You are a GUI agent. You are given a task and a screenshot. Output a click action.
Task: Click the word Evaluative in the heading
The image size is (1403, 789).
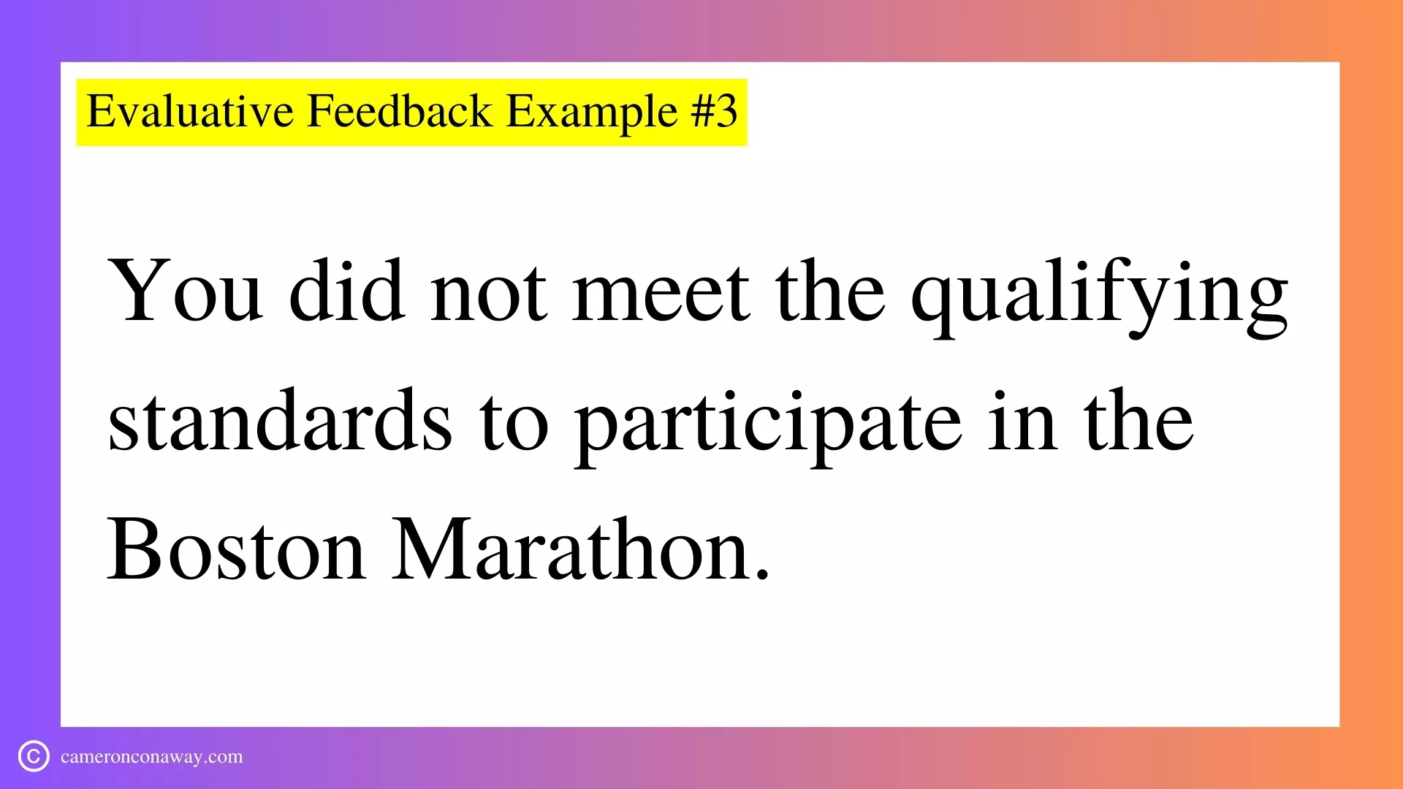(x=190, y=112)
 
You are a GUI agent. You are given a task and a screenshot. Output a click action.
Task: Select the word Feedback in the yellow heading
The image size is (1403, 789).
(x=400, y=112)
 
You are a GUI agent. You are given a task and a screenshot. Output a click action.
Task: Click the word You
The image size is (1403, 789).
(x=185, y=290)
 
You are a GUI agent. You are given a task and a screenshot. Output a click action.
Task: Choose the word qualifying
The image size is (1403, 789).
(x=1099, y=297)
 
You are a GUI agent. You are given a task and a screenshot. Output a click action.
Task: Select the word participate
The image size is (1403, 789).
(x=767, y=427)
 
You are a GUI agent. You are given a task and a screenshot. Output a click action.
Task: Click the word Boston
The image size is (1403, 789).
(x=236, y=549)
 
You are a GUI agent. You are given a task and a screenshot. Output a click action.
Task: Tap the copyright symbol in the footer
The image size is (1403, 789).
(x=34, y=756)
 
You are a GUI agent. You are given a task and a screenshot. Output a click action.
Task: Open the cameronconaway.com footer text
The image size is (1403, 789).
(x=152, y=757)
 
